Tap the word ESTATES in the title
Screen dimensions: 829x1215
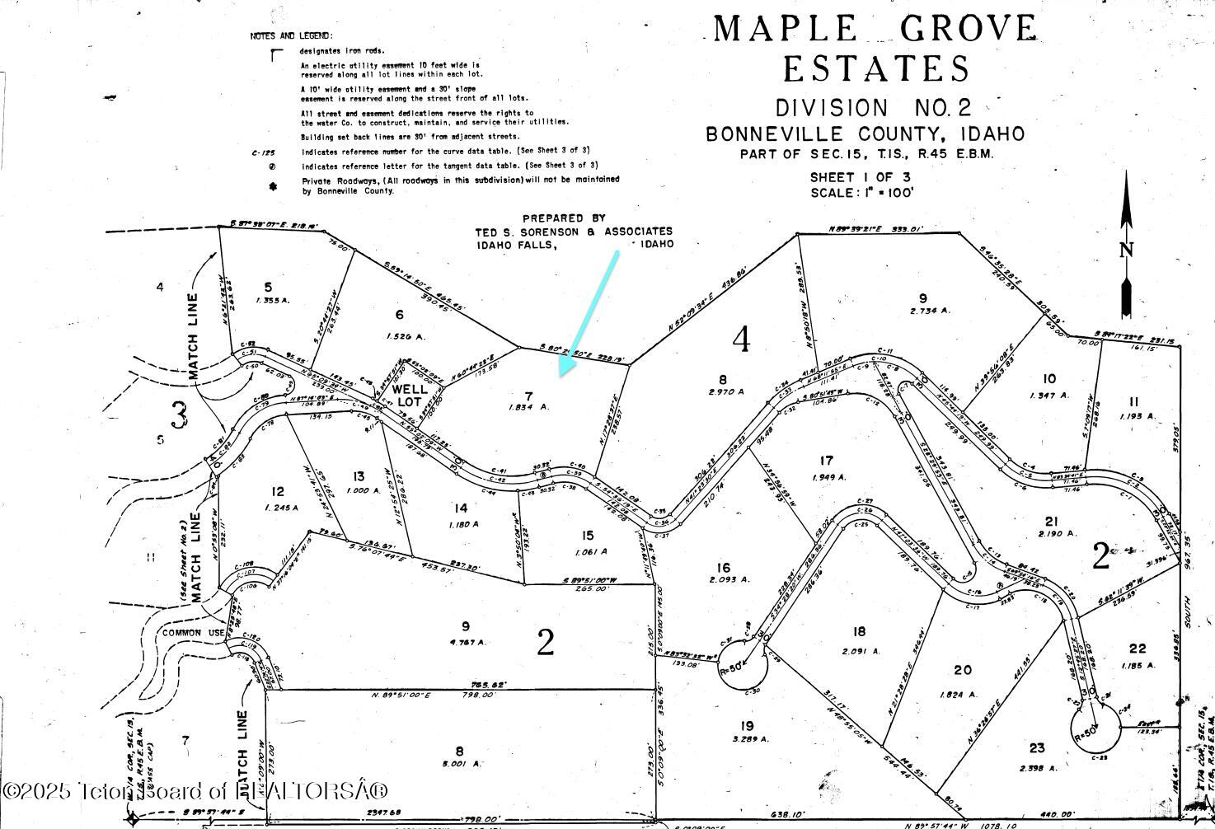click(876, 69)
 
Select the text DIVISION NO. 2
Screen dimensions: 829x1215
click(874, 108)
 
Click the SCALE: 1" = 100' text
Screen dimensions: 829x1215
click(861, 193)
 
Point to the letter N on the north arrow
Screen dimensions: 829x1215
click(1126, 251)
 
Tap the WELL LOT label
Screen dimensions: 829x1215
click(410, 395)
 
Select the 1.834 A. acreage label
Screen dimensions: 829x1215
click(529, 407)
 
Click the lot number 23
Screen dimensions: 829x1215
click(1036, 748)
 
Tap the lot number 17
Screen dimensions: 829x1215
click(826, 461)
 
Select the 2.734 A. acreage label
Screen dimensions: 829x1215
click(930, 311)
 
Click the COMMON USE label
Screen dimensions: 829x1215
click(193, 633)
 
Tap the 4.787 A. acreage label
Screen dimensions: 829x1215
click(467, 642)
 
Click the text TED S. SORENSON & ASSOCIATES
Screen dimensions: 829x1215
click(574, 232)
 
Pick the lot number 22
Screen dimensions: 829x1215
click(1138, 648)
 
